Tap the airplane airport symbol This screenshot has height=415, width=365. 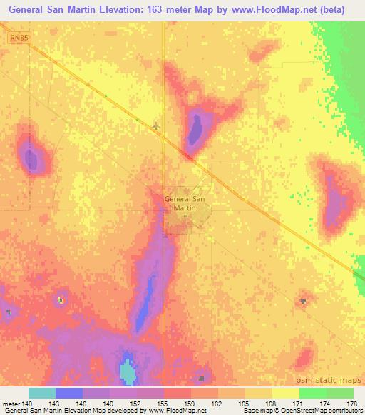pos(156,125)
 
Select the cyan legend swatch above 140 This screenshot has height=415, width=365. pos(42,393)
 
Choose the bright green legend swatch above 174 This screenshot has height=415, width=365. pos(313,393)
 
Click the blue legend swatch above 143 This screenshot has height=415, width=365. pos(69,393)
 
